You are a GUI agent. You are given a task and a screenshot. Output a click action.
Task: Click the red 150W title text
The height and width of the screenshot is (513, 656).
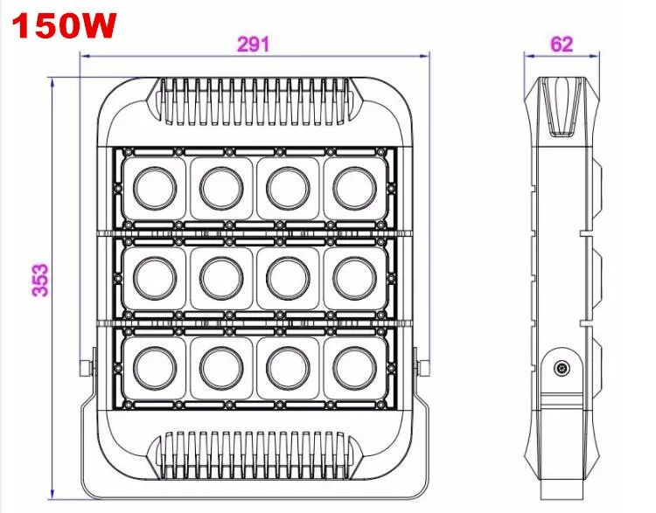click(x=64, y=25)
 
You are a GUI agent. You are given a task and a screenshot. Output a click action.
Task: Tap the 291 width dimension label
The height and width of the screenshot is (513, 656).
click(x=254, y=45)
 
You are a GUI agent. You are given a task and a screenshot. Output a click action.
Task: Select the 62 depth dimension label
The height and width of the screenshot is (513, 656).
click(x=562, y=44)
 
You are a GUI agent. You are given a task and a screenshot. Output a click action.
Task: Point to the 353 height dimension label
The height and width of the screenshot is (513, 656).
click(x=40, y=281)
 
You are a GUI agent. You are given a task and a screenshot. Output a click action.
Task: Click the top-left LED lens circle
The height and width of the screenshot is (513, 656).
click(x=155, y=188)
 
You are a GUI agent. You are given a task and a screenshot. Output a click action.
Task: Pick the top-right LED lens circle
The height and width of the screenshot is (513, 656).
click(x=355, y=188)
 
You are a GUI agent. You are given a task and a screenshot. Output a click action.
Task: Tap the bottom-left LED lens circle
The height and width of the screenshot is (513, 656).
click(x=155, y=368)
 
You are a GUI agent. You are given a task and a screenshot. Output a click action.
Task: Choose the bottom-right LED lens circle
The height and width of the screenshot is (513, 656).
click(x=355, y=368)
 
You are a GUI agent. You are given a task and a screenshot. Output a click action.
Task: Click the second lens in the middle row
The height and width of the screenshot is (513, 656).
click(x=221, y=279)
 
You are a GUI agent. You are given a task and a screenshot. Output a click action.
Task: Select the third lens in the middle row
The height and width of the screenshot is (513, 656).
click(x=289, y=279)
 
